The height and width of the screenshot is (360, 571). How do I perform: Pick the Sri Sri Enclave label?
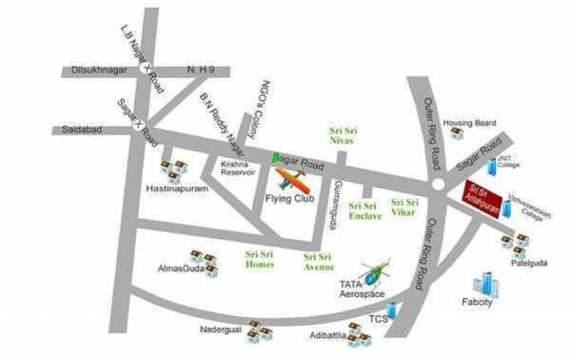click(x=365, y=210)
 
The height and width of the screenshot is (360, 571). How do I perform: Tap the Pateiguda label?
click(x=527, y=264)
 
